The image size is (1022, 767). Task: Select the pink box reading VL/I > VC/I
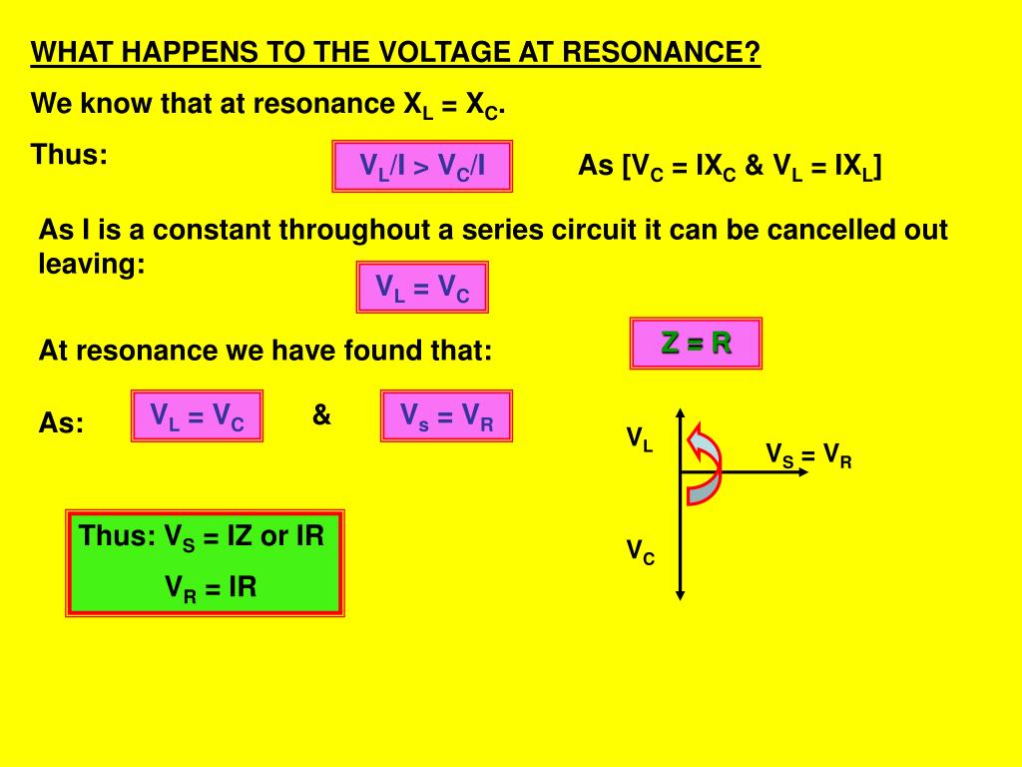coord(422,166)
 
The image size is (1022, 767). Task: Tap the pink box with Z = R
coord(696,344)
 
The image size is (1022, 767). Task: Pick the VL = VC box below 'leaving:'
coord(422,288)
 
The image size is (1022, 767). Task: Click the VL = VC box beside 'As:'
coord(198,415)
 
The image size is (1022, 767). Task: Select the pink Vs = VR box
coord(446,415)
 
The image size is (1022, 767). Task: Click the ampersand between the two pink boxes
coord(321,414)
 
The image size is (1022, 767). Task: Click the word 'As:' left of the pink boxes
coord(61,423)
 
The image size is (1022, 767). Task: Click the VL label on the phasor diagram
coord(640,438)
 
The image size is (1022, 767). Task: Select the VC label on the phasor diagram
coord(640,550)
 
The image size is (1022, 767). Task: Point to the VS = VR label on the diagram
coord(808,456)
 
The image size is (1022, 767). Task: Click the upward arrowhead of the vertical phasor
coord(680,414)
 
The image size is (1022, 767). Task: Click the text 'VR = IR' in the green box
coord(211,587)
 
